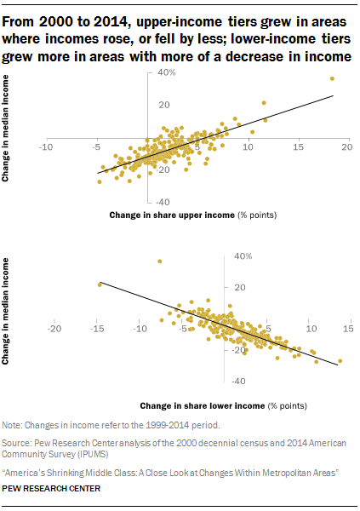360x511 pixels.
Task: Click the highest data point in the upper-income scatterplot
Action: [x=331, y=78]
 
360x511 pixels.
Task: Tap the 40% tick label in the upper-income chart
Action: [x=166, y=73]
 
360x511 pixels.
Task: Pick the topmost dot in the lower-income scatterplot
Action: [x=159, y=261]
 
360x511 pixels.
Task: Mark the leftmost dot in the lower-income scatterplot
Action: [x=100, y=284]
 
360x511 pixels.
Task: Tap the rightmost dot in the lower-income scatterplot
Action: [x=340, y=360]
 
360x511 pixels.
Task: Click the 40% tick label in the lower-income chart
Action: [x=242, y=255]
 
